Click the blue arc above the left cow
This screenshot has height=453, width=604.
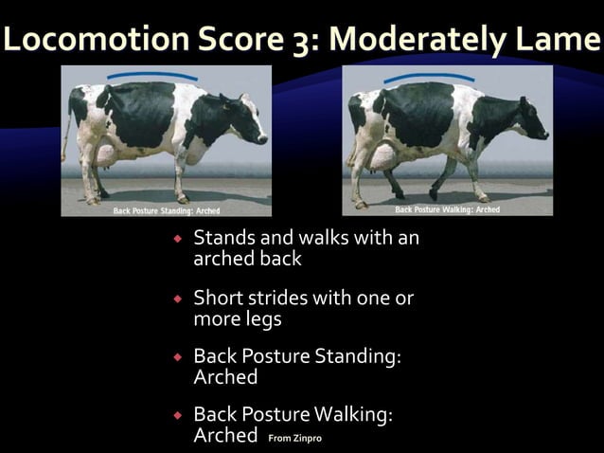(x=151, y=74)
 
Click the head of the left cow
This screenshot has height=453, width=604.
(x=248, y=122)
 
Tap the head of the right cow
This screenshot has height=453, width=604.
(x=529, y=119)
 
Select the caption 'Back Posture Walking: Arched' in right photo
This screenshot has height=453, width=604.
(x=447, y=209)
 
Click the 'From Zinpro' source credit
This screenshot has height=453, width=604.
(x=295, y=439)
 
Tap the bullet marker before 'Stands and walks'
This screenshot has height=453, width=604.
(x=177, y=239)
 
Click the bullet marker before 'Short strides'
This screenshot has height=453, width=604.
(x=177, y=299)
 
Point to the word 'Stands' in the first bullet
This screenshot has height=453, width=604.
(x=222, y=238)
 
